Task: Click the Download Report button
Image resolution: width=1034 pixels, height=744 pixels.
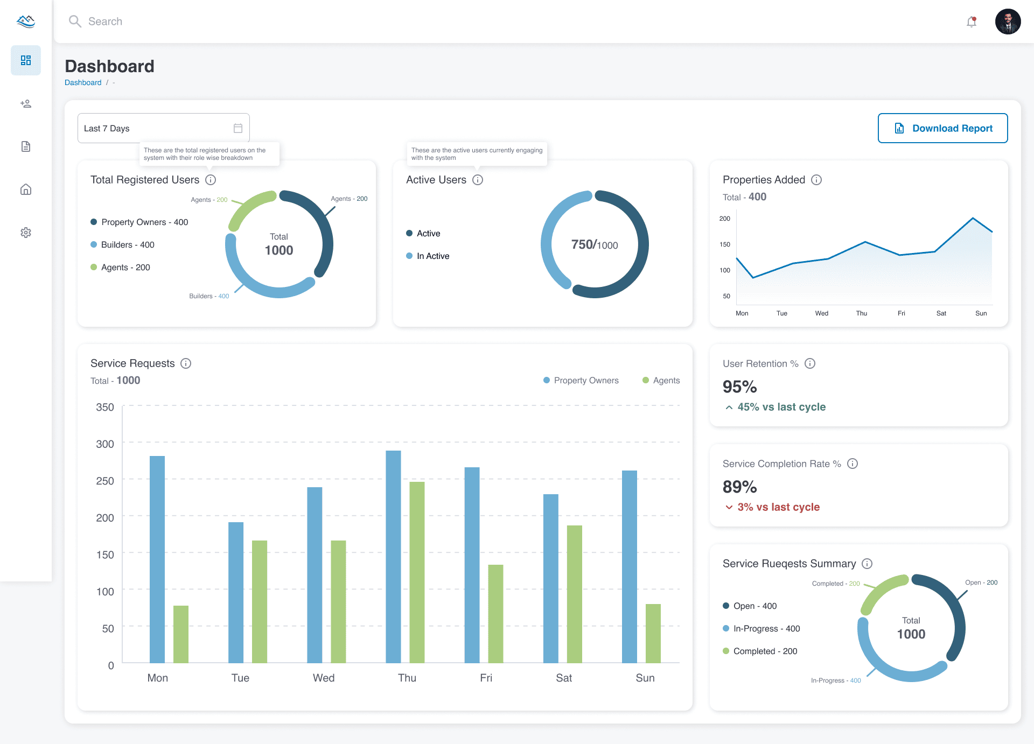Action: (x=942, y=128)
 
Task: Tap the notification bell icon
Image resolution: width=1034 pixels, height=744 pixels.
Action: (x=972, y=22)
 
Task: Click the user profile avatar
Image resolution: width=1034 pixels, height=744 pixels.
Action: (x=1008, y=22)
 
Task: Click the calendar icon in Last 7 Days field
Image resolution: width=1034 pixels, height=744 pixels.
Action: (x=238, y=128)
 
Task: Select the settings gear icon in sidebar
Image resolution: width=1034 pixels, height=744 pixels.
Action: (x=26, y=233)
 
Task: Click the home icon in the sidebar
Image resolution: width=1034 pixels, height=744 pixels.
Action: (x=26, y=189)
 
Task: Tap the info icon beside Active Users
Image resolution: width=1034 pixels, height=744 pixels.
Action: (x=478, y=180)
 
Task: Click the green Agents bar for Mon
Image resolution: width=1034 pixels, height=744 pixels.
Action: (x=181, y=634)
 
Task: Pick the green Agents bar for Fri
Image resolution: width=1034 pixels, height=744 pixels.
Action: (x=495, y=613)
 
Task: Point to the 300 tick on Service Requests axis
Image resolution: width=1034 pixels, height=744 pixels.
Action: (x=105, y=444)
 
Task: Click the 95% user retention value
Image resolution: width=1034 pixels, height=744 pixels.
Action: (x=739, y=387)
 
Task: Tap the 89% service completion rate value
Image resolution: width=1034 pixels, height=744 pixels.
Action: (x=739, y=487)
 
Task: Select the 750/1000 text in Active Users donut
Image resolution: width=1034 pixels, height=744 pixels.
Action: (x=595, y=245)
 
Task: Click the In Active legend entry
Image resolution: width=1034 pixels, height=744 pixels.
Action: (x=432, y=256)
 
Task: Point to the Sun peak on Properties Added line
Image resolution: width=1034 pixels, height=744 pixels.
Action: (x=973, y=218)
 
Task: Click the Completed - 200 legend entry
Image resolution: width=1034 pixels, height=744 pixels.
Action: (x=765, y=651)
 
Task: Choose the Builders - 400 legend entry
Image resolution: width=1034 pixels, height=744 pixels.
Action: (x=128, y=245)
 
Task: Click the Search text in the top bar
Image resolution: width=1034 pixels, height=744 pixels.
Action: (x=105, y=22)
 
